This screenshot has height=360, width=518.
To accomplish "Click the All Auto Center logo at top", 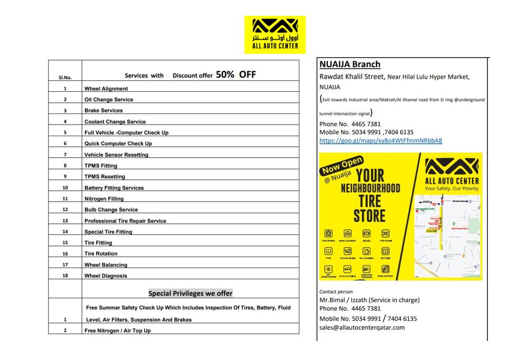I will point(275,34).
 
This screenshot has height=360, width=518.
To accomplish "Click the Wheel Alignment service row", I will point(106,89).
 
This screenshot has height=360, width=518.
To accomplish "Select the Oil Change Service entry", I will point(109,100).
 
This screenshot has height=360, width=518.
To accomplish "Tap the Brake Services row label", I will point(103,111).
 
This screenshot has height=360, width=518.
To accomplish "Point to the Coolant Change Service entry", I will point(115,122).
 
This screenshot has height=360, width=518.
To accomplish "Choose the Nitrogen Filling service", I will point(104,199).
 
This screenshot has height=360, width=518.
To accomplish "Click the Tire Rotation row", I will point(101,254).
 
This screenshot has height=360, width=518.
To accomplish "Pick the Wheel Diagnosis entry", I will point(106,276).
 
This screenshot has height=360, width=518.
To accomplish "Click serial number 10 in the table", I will point(65,188).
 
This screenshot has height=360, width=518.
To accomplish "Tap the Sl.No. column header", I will point(65,78).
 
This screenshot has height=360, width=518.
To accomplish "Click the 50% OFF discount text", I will point(236,75).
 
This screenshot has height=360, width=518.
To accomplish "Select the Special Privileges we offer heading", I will point(190,293).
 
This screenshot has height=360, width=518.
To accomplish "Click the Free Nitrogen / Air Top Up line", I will point(117,331).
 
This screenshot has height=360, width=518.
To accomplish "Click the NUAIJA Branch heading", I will point(350,64).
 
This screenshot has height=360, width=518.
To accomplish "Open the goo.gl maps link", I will point(381,141).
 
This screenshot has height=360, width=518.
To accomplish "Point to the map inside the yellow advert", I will point(447,235).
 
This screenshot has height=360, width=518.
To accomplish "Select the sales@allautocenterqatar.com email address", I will point(362,327).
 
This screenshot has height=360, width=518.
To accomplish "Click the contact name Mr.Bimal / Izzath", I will point(343,300).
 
